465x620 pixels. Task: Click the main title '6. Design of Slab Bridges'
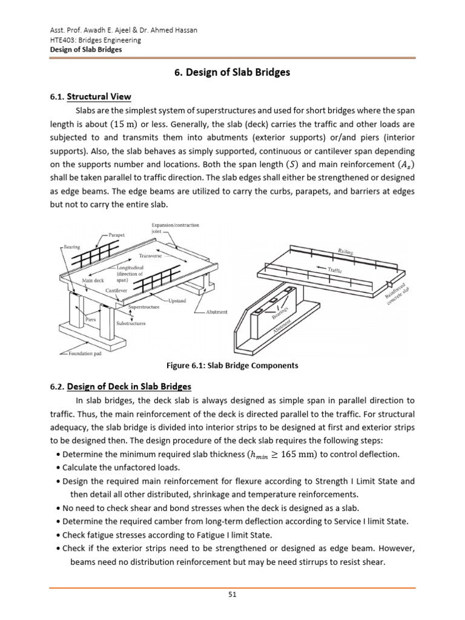coord(232,72)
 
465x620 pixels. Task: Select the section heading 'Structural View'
coord(99,97)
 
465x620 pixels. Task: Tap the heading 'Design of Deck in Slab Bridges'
coord(129,386)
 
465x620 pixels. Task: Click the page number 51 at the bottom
coord(232,594)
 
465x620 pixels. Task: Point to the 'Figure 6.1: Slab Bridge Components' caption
coord(232,366)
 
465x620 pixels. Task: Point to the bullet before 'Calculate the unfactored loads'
coord(57,468)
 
